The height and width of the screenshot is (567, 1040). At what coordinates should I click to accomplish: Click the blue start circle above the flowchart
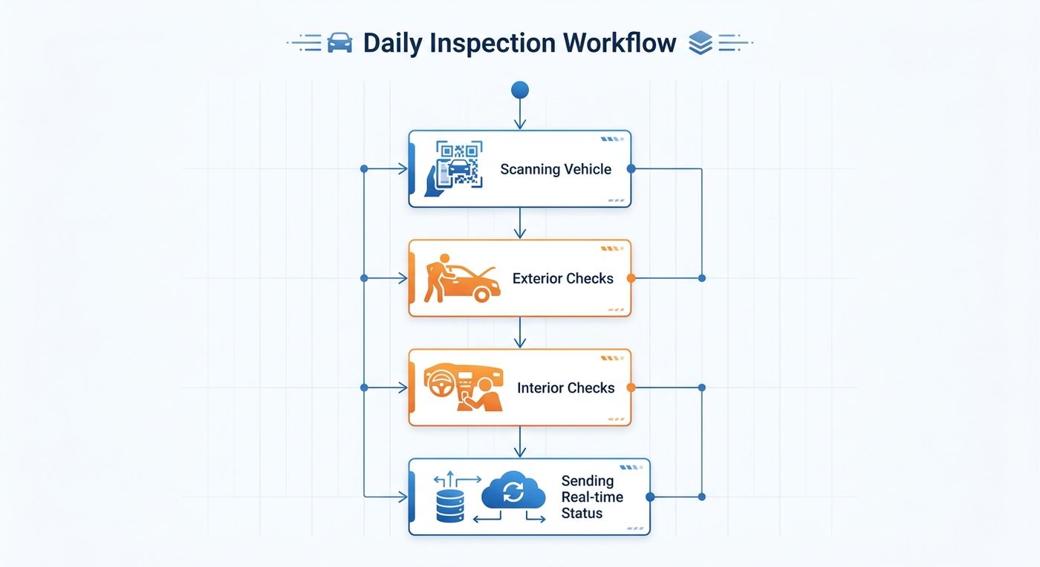pyautogui.click(x=519, y=90)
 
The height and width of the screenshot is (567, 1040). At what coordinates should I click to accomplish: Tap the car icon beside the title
pyautogui.click(x=339, y=43)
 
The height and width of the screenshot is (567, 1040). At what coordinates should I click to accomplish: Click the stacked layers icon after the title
pyautogui.click(x=700, y=43)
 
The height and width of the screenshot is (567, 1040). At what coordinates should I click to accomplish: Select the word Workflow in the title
pyautogui.click(x=620, y=43)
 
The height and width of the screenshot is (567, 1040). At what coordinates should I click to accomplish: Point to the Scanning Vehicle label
pyautogui.click(x=556, y=169)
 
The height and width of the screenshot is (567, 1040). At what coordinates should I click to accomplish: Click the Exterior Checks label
pyautogui.click(x=563, y=278)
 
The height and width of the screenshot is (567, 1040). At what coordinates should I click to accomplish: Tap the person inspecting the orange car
pyautogui.click(x=437, y=278)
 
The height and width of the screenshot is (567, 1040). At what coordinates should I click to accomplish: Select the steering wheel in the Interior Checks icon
pyautogui.click(x=441, y=384)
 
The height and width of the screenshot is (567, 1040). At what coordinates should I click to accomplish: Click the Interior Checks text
pyautogui.click(x=565, y=388)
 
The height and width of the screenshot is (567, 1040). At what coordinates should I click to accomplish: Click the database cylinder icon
pyautogui.click(x=450, y=505)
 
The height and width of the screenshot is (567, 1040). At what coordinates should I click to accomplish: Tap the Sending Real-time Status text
pyautogui.click(x=592, y=497)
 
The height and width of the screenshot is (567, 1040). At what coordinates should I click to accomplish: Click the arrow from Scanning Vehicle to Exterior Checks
pyautogui.click(x=520, y=223)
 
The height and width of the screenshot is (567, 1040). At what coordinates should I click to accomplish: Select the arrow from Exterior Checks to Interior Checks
pyautogui.click(x=520, y=332)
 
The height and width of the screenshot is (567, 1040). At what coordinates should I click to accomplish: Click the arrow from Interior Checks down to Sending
pyautogui.click(x=520, y=442)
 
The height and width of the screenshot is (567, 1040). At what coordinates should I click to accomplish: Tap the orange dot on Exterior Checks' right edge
pyautogui.click(x=631, y=278)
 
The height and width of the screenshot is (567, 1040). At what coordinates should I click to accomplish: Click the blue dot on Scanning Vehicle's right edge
pyautogui.click(x=631, y=169)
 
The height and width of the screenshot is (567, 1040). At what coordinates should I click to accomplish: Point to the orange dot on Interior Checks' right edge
pyautogui.click(x=631, y=387)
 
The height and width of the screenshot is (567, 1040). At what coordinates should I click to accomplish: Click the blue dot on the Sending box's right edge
pyautogui.click(x=650, y=497)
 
